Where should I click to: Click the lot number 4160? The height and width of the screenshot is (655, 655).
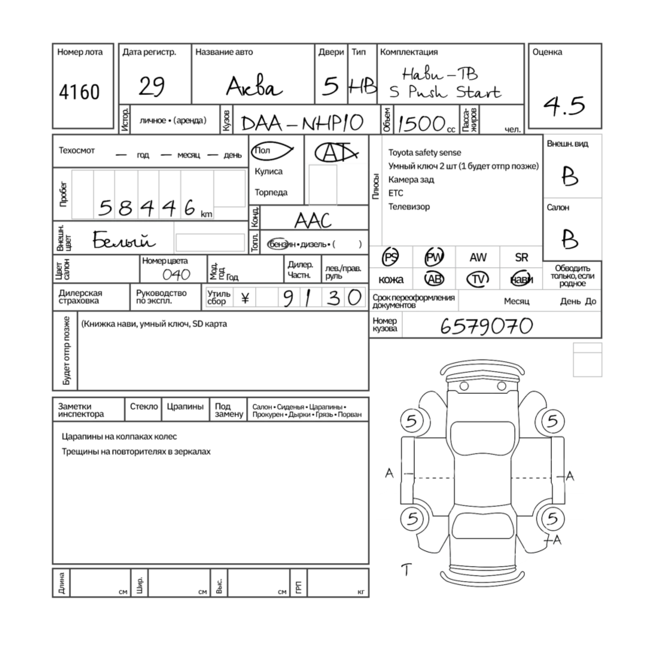click(79, 92)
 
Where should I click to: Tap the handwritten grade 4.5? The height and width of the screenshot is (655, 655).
click(564, 105)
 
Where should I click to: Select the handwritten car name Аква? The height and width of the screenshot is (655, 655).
click(254, 87)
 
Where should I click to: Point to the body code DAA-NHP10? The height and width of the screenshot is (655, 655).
click(302, 123)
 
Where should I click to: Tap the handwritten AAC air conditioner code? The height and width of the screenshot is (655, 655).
click(313, 221)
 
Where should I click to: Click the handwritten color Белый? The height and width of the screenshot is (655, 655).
click(124, 239)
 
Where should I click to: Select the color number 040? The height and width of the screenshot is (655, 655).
click(176, 274)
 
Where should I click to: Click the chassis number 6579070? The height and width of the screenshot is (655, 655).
click(486, 326)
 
